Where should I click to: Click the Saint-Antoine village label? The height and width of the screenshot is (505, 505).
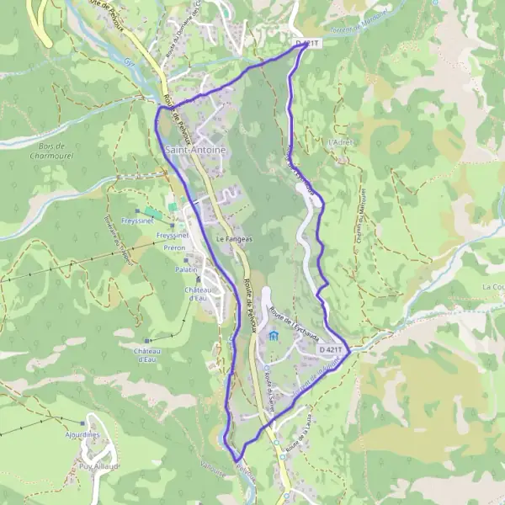coord(195,150)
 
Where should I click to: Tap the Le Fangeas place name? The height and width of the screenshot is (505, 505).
coord(234,239)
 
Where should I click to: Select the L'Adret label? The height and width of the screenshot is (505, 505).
coord(342,142)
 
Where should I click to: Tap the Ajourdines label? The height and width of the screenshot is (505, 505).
coord(84,434)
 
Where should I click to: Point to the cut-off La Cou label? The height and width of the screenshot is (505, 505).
coord(493,287)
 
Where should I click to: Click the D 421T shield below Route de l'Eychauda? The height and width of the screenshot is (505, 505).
coord(332,348)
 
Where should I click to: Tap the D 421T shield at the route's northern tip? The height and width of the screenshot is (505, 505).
coord(309,42)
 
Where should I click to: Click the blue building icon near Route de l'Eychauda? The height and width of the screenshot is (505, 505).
coord(274,337)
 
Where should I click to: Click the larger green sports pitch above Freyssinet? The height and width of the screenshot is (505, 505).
coord(151,213)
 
